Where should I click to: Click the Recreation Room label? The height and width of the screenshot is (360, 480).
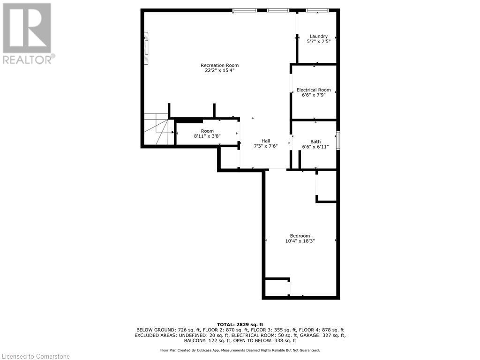pos(219,65)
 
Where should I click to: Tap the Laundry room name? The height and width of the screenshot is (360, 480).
pos(318,36)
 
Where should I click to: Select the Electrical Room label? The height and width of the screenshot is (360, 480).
pos(314,90)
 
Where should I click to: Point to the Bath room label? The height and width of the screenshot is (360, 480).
pos(315,142)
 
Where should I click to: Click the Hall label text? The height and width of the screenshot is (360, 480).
pos(266,141)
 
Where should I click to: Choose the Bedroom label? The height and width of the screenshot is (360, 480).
pos(300,236)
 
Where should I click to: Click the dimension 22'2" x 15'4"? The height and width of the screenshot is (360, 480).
pos(219,70)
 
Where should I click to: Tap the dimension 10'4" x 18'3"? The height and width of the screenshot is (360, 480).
pos(300,241)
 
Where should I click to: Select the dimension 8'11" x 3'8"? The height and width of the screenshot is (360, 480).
pos(207,136)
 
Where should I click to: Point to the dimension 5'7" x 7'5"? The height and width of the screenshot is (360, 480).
pos(318,41)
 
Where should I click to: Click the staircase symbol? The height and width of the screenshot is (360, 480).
pos(156,130)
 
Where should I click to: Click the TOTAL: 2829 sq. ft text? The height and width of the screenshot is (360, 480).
pos(240,324)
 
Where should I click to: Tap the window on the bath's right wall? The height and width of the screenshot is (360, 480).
pos(338,140)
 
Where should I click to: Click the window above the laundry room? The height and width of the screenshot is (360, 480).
pos(317,10)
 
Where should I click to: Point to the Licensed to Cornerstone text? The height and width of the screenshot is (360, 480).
pos(36,356)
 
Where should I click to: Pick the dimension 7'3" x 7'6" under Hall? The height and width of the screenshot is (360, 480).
pos(266,146)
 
